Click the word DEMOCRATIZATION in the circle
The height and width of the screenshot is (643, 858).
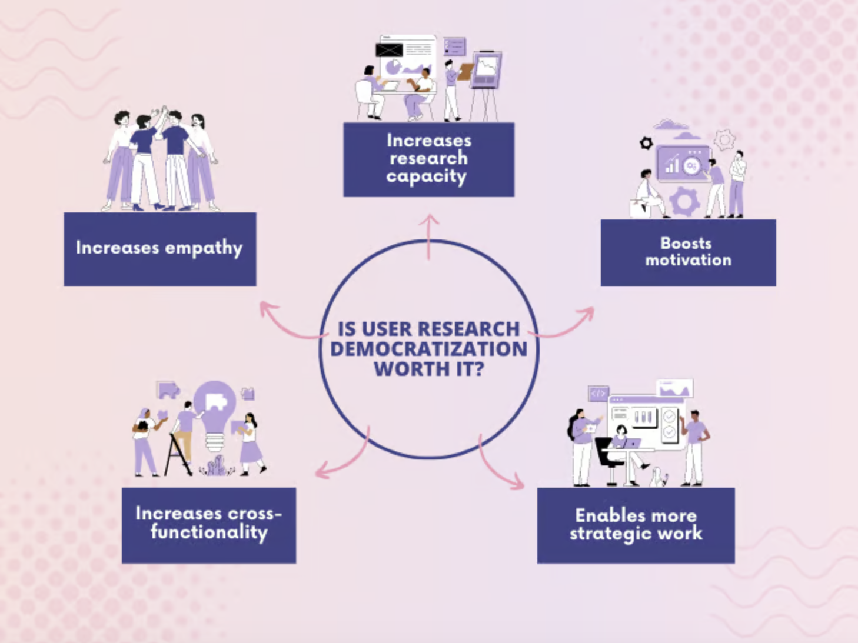point(429,349)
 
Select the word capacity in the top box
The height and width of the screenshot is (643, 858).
point(426,176)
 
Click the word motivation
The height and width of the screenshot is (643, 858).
point(688,260)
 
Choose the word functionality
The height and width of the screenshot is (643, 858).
point(209,532)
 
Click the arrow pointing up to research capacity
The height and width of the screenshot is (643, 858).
point(429,236)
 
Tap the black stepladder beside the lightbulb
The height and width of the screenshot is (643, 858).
point(177,455)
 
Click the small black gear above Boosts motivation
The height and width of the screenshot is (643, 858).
point(646,144)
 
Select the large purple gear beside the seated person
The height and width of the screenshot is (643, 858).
point(684,201)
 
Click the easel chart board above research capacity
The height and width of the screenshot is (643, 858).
point(486,86)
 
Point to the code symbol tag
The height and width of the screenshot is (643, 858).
point(598,394)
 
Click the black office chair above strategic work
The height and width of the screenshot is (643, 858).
point(608,461)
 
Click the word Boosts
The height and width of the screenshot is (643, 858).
point(686,244)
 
